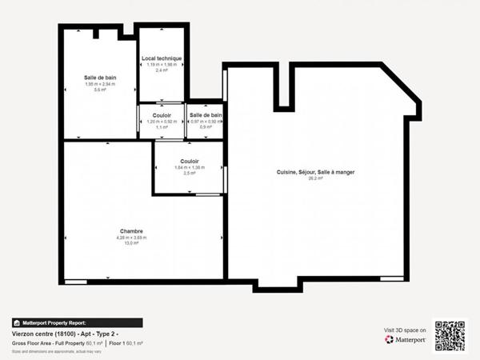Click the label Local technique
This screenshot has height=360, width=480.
click(162, 58)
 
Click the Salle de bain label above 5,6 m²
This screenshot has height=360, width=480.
click(100, 78)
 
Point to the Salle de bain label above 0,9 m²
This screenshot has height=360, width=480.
click(206, 115)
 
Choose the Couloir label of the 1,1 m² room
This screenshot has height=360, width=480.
click(162, 115)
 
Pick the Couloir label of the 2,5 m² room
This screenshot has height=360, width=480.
click(190, 161)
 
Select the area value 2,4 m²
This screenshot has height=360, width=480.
click(162, 70)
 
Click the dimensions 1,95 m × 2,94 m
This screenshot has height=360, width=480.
click(100, 84)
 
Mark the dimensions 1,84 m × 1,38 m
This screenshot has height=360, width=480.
click(190, 167)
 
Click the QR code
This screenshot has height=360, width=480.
click(450, 336)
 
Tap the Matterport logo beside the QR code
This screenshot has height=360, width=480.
click(405, 339)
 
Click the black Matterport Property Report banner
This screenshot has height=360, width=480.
click(77, 322)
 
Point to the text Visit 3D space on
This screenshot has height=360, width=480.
click(405, 329)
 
